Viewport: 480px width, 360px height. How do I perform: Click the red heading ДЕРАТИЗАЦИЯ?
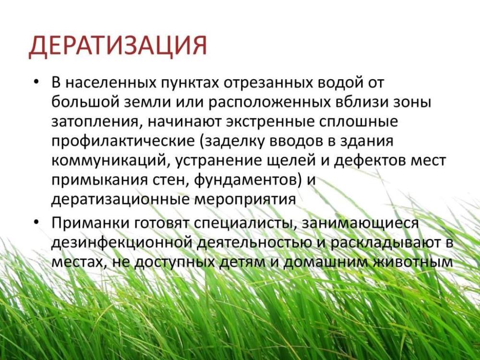118,47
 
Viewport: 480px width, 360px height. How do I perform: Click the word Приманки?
90,223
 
